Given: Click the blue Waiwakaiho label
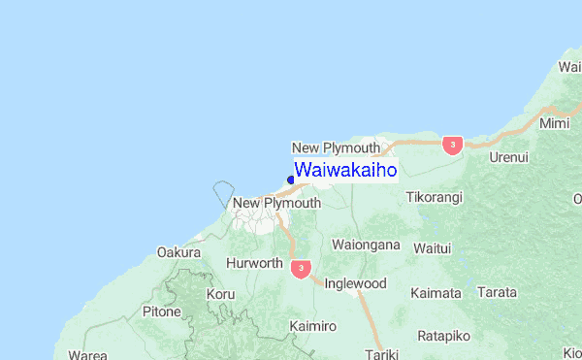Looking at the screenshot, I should pos(345,170).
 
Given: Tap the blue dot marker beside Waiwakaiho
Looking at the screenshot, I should pos(291,180).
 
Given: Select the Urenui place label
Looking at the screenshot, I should pos(509,156).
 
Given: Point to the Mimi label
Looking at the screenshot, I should pos(555,124).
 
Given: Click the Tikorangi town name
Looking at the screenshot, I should pos(434,197).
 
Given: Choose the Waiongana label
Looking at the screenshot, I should pos(366,245).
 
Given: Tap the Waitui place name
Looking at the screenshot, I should pos(433,247).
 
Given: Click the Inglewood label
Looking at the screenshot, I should pos(355,283).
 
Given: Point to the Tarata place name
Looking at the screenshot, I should pos(498,291).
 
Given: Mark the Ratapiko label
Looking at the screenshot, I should pos(443,336).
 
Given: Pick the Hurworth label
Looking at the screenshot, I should pos(254,263).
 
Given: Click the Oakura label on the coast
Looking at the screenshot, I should pos(178,252).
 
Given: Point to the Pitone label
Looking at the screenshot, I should pos(161,311).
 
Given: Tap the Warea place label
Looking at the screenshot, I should pos(88,355).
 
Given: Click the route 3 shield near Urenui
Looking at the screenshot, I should pos(451,145).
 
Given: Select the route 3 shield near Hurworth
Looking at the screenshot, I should pos(302,268).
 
